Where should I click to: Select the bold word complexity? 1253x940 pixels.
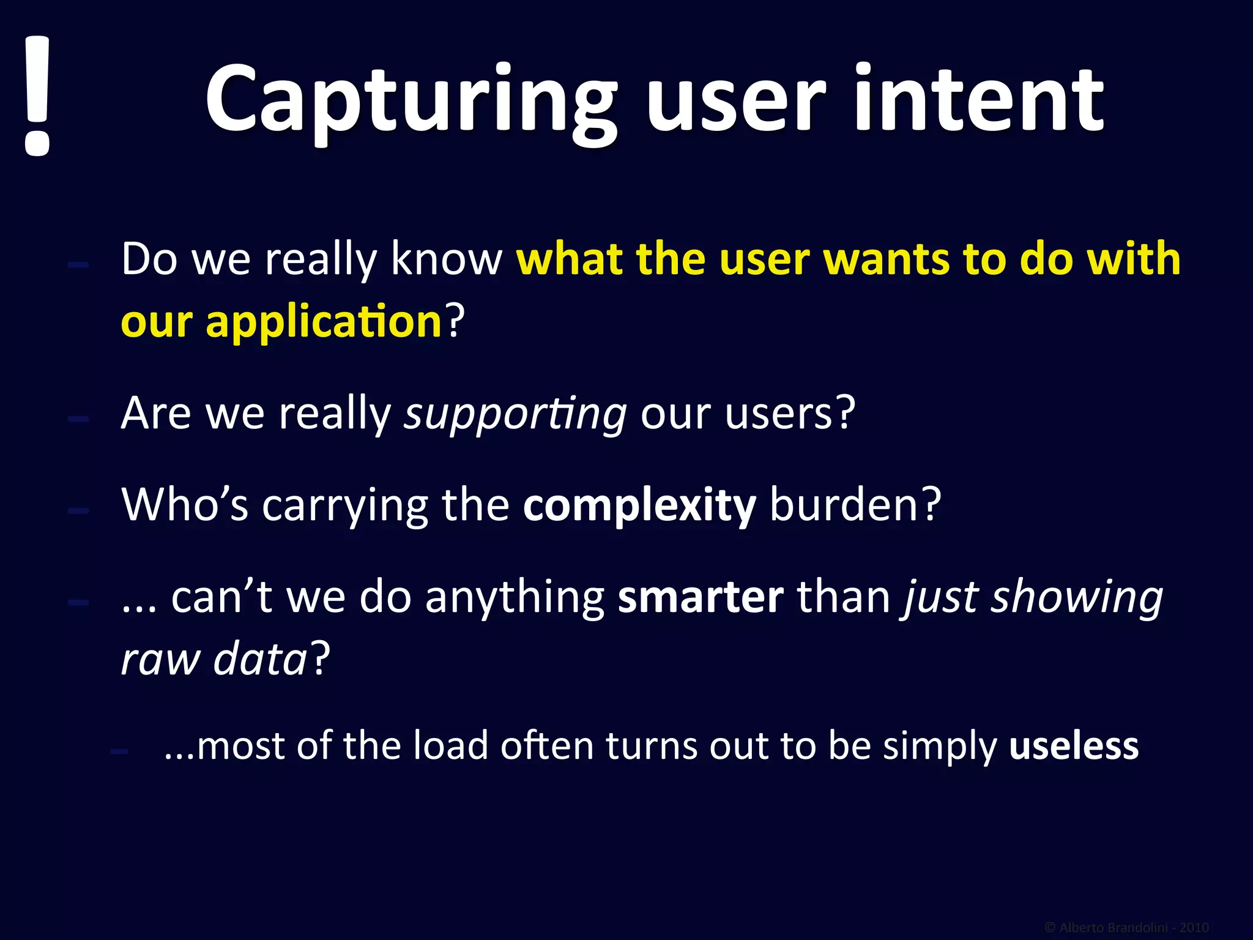(639, 506)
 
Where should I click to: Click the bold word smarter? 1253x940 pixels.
(701, 597)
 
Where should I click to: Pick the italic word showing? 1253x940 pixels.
(1077, 599)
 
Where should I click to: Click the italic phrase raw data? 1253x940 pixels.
(214, 660)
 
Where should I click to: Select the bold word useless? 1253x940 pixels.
(1074, 746)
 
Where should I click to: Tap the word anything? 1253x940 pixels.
(515, 599)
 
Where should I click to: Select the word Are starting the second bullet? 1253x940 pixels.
(156, 414)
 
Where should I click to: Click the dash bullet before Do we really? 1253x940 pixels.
(78, 265)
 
